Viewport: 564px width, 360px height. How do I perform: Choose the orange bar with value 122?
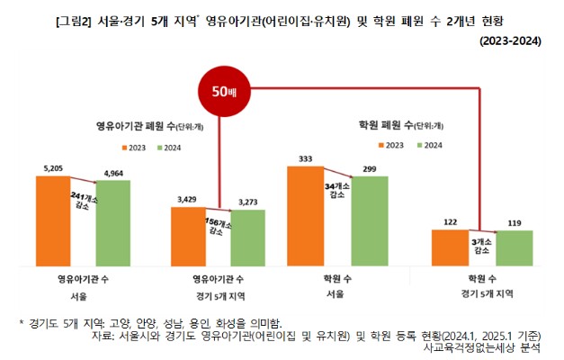click(451, 243)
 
